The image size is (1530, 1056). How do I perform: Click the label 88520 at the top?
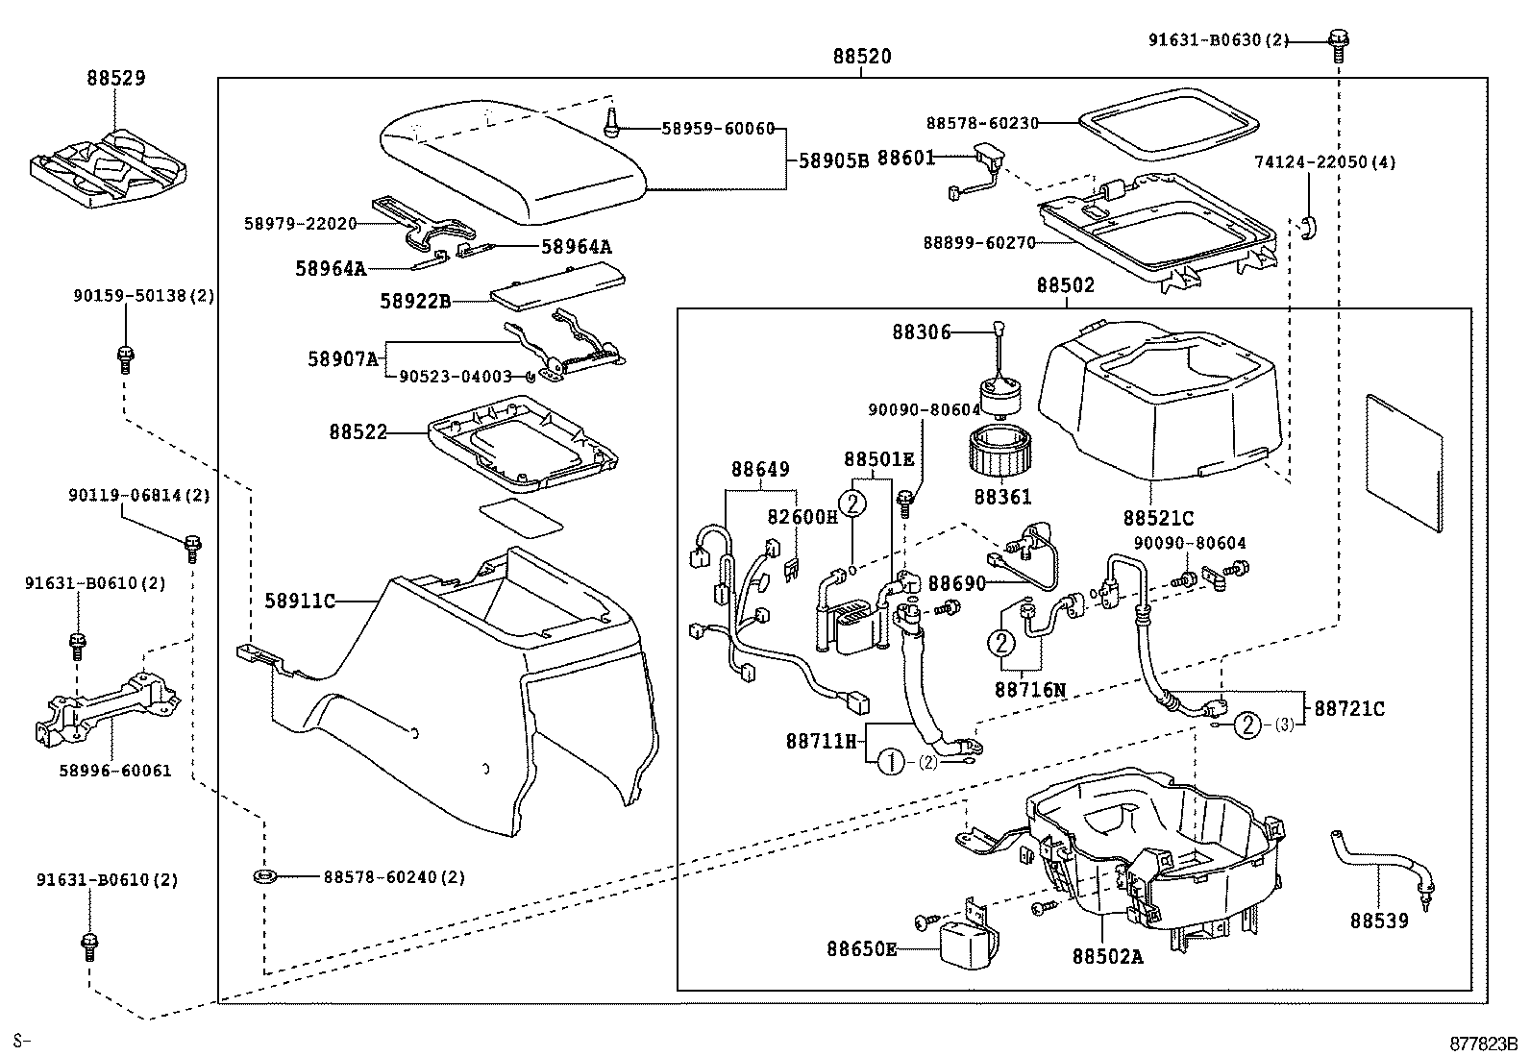861,57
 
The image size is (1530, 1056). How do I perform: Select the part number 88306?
921,332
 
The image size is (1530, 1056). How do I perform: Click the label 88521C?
1157,519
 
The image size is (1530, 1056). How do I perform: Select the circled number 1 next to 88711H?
890,762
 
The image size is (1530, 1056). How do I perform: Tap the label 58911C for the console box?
300,602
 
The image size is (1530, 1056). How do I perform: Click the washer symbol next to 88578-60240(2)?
262,876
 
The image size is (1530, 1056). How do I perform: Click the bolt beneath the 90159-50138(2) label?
123,358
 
